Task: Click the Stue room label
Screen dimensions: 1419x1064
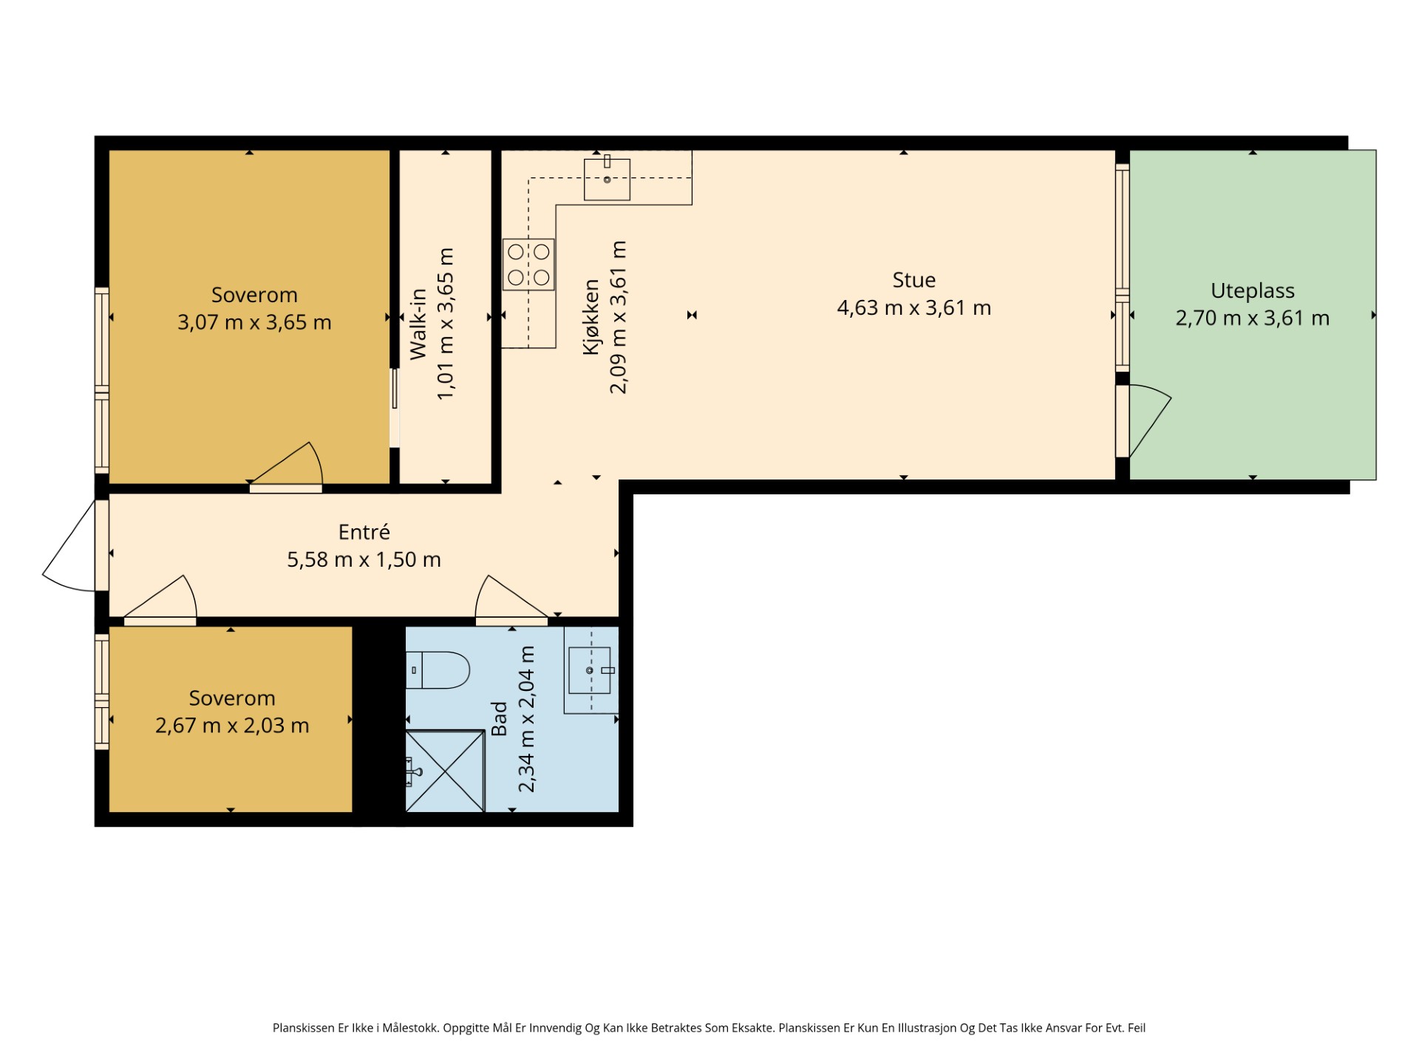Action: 913,280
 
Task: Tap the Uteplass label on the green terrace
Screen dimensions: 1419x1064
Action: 1252,291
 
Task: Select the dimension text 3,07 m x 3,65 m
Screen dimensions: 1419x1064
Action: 254,322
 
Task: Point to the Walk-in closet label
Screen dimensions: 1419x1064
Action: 418,324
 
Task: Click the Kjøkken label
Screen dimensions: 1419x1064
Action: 591,317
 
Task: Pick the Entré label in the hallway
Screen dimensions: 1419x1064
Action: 364,531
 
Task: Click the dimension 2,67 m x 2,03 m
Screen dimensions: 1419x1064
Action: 232,726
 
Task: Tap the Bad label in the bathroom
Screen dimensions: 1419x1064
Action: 500,719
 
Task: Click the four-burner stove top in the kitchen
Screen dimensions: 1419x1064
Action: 528,265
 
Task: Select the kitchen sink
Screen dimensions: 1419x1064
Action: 607,180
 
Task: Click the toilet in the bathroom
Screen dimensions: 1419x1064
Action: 438,669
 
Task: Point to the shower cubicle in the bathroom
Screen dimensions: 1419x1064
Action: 445,771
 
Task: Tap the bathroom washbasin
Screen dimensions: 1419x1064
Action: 590,670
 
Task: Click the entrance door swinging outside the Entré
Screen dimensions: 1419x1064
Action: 70,547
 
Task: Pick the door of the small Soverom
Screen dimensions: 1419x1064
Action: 160,600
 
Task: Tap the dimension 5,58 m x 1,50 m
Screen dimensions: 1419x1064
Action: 364,559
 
